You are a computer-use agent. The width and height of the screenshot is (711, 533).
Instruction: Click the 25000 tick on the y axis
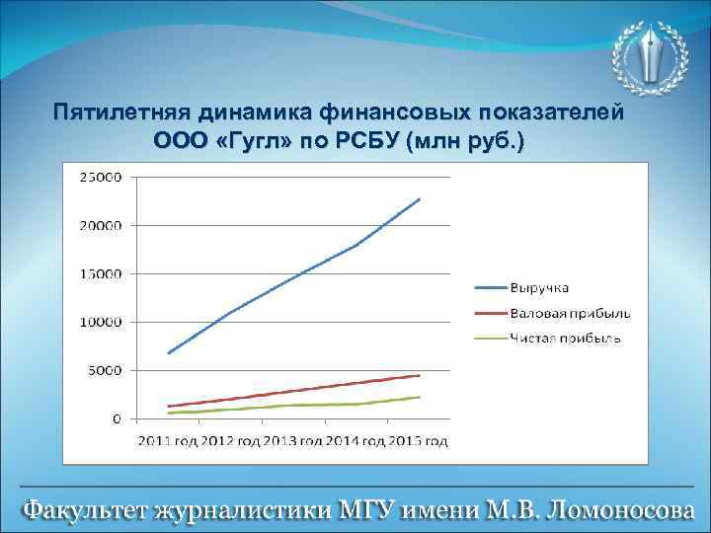pos(99,178)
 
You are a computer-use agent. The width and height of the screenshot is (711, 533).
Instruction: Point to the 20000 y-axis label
pos(99,226)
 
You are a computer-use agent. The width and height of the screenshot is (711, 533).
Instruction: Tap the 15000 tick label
pos(99,274)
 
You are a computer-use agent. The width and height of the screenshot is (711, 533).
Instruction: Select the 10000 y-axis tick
pos(99,323)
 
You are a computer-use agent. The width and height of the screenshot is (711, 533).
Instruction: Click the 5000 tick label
pos(103,371)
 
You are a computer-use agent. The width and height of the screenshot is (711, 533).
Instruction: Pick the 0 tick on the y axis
pos(117,419)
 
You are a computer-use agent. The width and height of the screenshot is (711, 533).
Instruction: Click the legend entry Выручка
pos(538,287)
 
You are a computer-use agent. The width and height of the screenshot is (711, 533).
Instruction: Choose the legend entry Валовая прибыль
pos(571,313)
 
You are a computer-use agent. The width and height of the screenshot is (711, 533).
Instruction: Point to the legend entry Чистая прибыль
pos(566,339)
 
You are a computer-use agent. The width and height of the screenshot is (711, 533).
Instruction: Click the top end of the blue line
pos(420,198)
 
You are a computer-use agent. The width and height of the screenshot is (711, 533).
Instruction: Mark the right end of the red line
pos(420,375)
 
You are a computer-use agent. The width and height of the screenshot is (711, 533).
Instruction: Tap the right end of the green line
pos(420,397)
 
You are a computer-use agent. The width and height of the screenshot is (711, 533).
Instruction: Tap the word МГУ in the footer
pos(369,511)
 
